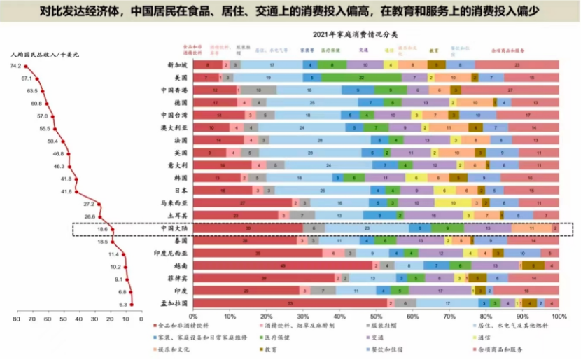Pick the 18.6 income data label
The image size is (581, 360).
(101, 229)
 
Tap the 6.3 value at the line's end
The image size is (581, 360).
(123, 305)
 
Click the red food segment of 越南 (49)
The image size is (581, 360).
(283, 265)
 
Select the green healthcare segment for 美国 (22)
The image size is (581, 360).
(361, 77)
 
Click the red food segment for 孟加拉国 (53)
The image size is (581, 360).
(290, 303)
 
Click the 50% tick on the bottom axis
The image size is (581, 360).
(377, 316)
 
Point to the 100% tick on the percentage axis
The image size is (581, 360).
(558, 316)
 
